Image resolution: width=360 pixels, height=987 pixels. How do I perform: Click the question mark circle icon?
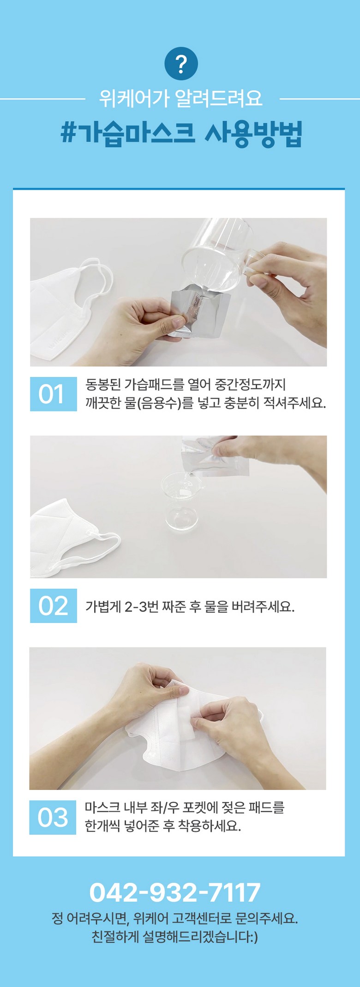tap(181, 64)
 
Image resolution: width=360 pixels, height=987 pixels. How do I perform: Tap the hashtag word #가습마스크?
tap(128, 134)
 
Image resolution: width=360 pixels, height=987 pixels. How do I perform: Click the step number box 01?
tap(54, 394)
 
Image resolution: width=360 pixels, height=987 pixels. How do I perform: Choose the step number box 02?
tap(54, 606)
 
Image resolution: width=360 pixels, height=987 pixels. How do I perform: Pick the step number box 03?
tap(53, 818)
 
